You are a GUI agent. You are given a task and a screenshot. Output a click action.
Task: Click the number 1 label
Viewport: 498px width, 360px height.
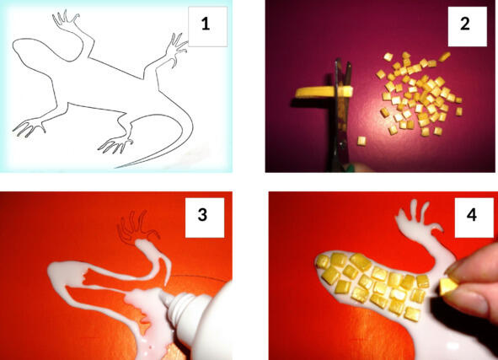pyautogui.click(x=206, y=24)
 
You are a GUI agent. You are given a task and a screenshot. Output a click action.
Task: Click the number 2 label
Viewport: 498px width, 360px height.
pyautogui.click(x=465, y=24)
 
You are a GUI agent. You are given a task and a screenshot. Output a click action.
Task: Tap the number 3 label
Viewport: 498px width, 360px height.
pyautogui.click(x=202, y=215)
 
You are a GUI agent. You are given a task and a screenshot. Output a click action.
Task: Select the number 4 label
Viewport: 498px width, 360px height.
pyautogui.click(x=472, y=215)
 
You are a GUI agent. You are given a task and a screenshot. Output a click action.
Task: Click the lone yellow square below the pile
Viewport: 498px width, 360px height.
pyautogui.click(x=361, y=141)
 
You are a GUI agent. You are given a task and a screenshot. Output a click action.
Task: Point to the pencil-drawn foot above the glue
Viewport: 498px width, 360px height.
pyautogui.click(x=137, y=227)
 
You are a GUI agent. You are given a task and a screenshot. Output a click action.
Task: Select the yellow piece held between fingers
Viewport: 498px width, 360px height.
pyautogui.click(x=447, y=287)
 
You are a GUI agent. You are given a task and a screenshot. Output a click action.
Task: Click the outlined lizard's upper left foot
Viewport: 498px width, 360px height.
pyautogui.click(x=66, y=19)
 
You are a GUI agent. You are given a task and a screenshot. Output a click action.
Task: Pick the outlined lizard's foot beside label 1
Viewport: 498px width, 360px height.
pyautogui.click(x=175, y=48)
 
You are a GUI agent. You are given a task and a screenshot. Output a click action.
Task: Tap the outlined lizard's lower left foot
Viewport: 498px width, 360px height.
pyautogui.click(x=29, y=127)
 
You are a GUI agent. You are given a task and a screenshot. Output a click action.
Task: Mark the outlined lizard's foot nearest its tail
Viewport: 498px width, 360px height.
pyautogui.click(x=115, y=145)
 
